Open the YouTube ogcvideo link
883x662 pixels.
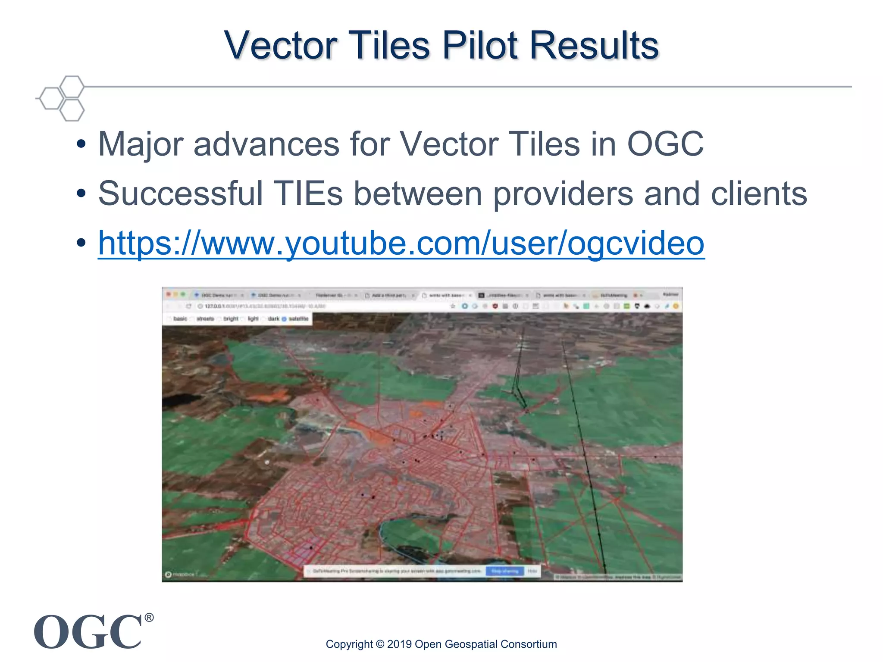401,244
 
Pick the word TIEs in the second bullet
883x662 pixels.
309,194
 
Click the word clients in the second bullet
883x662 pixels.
759,194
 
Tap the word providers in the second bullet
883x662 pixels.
563,194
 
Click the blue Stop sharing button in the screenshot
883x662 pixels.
504,571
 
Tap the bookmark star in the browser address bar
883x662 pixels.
453,306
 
